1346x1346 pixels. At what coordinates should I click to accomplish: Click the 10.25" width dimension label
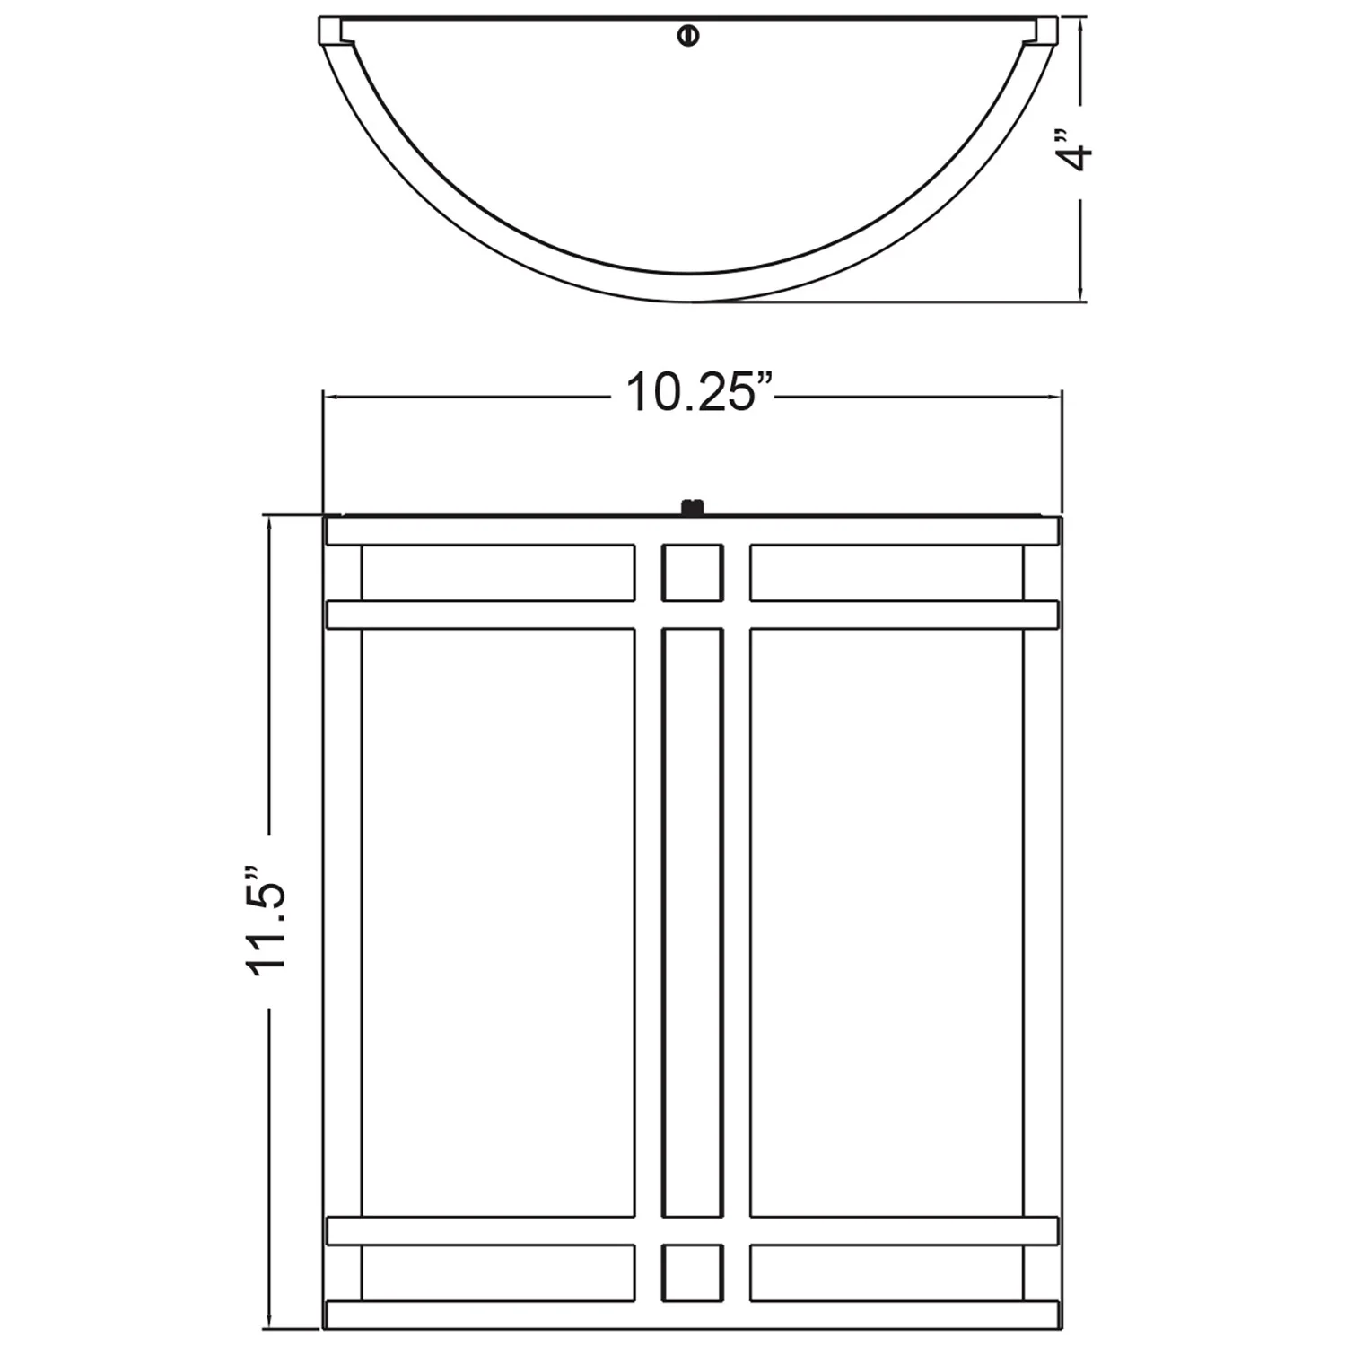[x=699, y=393]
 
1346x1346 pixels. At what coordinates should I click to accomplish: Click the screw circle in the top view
[x=688, y=35]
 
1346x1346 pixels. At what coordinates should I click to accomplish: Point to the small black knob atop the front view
[x=691, y=509]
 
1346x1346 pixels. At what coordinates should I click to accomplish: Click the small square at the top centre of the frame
[x=692, y=572]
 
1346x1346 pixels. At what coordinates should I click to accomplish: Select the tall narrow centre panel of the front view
[x=692, y=922]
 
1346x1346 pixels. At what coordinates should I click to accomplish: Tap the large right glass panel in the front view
[x=886, y=922]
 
